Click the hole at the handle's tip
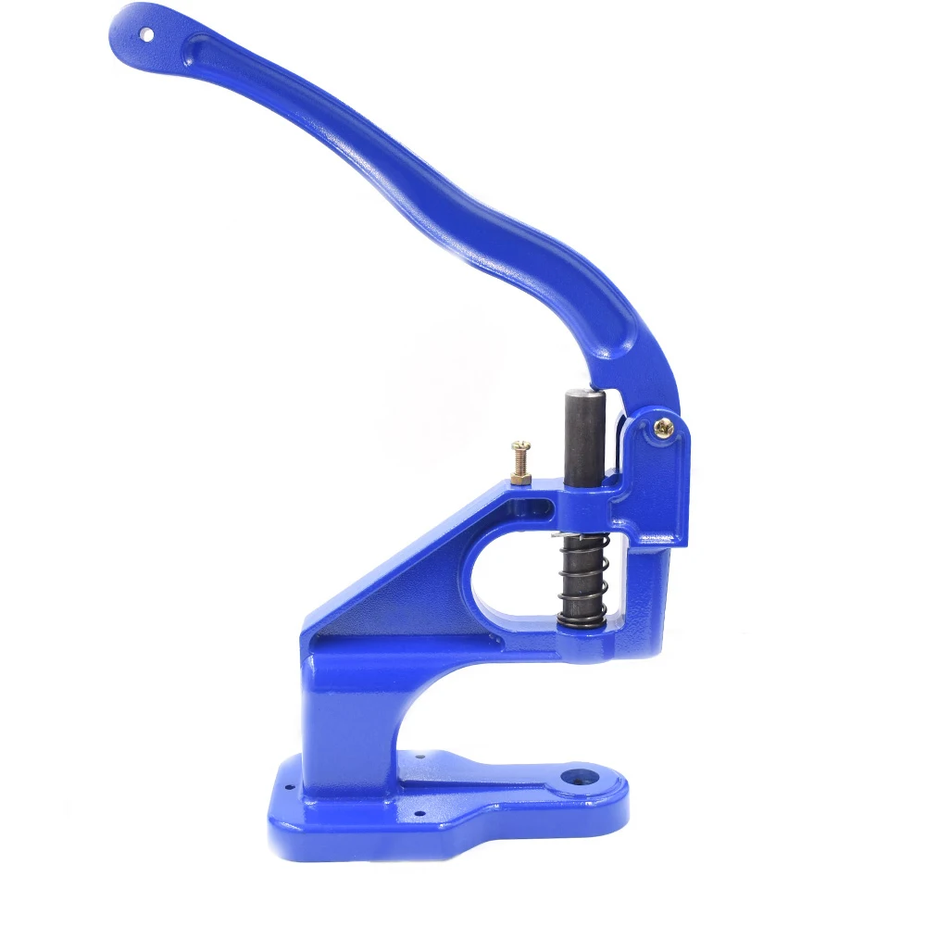click(146, 34)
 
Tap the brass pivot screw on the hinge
click(663, 427)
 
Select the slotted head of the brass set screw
click(520, 447)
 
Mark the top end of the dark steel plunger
click(585, 392)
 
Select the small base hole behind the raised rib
click(419, 757)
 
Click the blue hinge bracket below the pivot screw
click(659, 491)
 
